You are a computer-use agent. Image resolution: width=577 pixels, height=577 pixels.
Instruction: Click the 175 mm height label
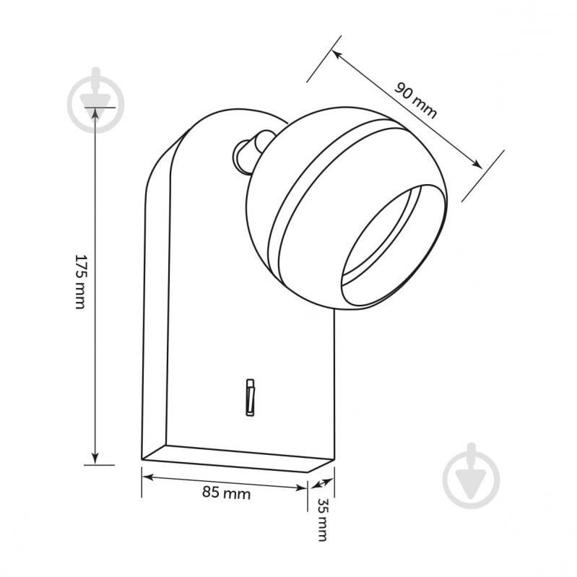tap(81, 282)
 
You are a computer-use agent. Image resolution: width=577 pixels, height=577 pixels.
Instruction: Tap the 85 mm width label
tap(226, 493)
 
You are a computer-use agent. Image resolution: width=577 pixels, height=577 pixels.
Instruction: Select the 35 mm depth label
tap(322, 520)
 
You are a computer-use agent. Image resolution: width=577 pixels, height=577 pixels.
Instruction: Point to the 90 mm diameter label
tap(415, 100)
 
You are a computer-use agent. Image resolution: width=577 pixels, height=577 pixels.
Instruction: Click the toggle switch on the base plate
tap(251, 397)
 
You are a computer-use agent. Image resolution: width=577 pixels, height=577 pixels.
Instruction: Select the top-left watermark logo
tap(95, 100)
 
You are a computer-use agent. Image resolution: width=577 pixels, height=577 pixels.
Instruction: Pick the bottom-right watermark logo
tap(471, 475)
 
